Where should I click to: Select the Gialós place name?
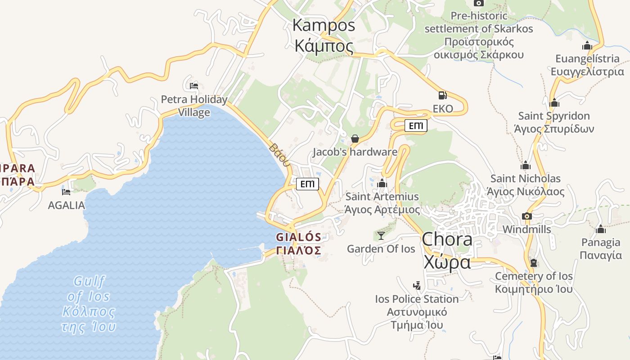point(299,243)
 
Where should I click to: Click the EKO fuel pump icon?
point(443,95)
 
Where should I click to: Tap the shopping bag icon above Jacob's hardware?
point(355,139)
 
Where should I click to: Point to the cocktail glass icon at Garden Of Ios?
point(381,235)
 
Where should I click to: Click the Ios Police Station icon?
point(417,285)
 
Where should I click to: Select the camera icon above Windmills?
point(527,216)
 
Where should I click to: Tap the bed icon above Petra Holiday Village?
point(194,85)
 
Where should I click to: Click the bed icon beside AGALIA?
point(66,192)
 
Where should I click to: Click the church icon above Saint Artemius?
point(382,183)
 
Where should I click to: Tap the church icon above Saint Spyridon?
point(554,103)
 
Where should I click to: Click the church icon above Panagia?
point(600,229)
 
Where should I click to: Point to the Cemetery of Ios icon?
point(534,262)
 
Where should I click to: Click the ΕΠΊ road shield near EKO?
point(416,126)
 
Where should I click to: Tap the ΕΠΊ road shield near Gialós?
point(307,184)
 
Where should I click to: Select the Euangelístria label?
point(587,65)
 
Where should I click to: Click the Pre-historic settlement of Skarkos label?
point(479,35)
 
